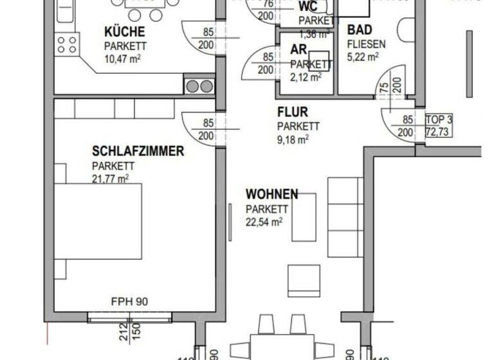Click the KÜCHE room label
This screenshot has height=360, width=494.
point(125,32)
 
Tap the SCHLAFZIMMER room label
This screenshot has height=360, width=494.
point(138,152)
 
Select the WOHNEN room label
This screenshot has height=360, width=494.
point(271,194)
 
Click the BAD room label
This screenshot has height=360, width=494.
point(358,30)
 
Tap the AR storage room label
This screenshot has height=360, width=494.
point(298,50)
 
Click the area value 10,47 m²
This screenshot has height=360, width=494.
point(123,59)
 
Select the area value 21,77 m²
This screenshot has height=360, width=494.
point(110,178)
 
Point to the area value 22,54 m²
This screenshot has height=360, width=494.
point(264,222)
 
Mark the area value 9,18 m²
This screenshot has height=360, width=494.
point(293,139)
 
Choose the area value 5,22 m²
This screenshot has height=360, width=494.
point(362,57)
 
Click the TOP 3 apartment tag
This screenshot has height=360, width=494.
point(440,120)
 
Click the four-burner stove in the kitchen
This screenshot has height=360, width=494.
point(67,44)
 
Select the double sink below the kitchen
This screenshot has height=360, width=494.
point(199,85)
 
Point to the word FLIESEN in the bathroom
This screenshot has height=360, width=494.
point(366,44)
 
